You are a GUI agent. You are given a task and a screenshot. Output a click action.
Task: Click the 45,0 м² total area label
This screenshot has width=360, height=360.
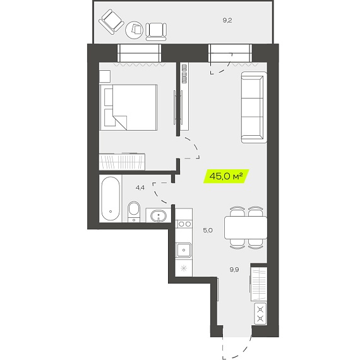(226, 176)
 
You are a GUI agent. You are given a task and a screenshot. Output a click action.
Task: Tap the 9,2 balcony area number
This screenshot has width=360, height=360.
(227, 20)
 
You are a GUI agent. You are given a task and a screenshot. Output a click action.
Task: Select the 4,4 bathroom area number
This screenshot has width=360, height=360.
(140, 188)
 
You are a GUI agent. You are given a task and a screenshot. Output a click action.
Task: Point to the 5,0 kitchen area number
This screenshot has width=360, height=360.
(208, 230)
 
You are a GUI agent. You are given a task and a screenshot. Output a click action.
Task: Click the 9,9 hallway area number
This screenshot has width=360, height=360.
(234, 270)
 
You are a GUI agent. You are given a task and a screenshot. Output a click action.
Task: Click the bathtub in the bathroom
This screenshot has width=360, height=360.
(111, 198)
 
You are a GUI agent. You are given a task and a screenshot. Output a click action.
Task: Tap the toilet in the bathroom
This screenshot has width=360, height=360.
(134, 212)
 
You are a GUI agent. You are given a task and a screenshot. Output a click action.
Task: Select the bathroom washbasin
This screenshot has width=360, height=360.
(159, 216)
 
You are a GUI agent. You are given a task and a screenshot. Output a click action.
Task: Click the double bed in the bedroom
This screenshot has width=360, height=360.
(129, 107)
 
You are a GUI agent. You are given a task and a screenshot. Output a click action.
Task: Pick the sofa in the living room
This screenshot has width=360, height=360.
(254, 107)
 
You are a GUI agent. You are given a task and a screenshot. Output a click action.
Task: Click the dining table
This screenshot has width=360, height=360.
(246, 227)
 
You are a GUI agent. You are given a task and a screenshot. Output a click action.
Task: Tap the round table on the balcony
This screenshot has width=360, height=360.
(134, 30)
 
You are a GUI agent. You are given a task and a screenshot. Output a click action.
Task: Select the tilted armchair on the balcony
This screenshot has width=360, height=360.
(111, 21)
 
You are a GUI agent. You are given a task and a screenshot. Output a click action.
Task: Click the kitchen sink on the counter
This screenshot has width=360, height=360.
(183, 250)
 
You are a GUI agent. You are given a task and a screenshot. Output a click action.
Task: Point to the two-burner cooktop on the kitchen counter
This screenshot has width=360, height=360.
(184, 224)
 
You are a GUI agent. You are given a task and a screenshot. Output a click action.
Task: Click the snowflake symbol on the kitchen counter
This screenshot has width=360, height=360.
(184, 268)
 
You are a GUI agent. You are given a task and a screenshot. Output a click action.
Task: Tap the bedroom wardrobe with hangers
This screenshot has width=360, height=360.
(122, 162)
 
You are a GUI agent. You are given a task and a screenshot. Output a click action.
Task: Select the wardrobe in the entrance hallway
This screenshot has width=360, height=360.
(259, 284)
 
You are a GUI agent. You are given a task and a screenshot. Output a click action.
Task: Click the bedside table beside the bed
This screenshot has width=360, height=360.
(105, 76)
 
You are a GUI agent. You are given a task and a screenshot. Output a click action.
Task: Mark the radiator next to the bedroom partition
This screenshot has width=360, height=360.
(184, 74)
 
